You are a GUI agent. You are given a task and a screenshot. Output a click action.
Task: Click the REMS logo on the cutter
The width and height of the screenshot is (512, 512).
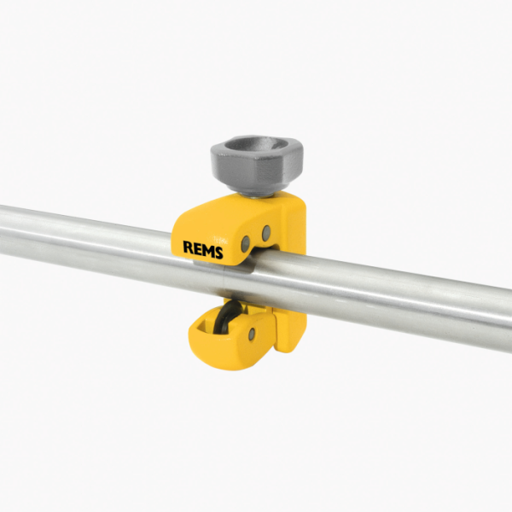pos(203,248)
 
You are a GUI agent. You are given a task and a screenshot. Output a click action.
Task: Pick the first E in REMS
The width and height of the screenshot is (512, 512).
pos(197,248)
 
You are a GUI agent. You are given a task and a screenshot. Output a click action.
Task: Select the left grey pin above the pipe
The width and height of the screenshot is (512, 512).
pos(246,244)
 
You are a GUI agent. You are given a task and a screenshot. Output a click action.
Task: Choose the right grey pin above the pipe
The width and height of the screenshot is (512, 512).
pos(266,232)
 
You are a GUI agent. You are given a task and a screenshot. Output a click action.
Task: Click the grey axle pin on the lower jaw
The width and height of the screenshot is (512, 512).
pos(252,334)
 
